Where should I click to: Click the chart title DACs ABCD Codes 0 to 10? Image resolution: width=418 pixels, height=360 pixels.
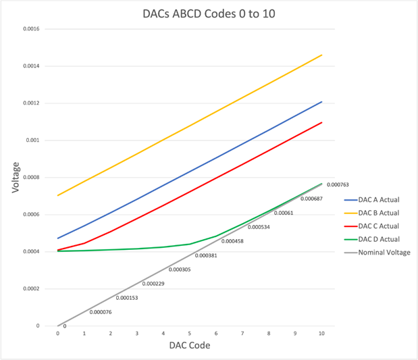point(209,13)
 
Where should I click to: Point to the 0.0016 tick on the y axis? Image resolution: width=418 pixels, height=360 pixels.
point(32,29)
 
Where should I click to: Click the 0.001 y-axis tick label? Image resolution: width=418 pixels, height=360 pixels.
point(34,140)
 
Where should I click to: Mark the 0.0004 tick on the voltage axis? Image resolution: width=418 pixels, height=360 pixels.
point(32,252)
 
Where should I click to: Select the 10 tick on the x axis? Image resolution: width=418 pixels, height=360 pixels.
point(321,334)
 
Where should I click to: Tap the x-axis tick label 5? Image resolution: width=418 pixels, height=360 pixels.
point(190,334)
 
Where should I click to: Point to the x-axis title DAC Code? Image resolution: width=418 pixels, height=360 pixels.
point(189,346)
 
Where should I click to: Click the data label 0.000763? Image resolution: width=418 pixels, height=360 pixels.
point(337,184)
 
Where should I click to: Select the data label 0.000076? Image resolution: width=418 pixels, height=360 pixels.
point(101,312)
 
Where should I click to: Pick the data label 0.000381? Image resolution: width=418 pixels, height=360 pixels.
point(206,255)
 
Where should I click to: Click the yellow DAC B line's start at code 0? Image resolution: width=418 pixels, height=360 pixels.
point(58,195)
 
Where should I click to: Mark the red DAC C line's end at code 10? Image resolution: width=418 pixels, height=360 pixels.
point(321,122)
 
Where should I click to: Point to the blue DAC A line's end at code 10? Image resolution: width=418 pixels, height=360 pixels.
point(321,102)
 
